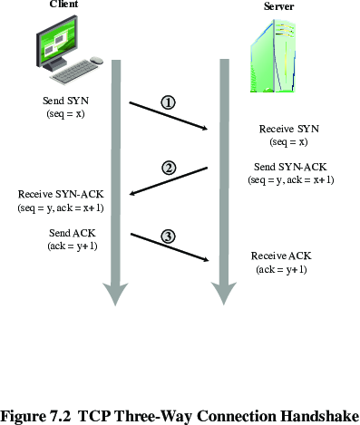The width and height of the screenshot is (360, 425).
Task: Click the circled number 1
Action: click(168, 102)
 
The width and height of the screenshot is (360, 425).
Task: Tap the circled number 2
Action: click(169, 168)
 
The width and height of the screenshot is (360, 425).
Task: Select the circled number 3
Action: click(168, 237)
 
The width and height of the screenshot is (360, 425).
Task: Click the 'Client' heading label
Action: click(63, 4)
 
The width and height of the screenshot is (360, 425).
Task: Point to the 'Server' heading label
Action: click(278, 6)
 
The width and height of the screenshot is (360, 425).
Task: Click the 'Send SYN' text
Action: click(65, 101)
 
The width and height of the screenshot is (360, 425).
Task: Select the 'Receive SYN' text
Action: click(289, 129)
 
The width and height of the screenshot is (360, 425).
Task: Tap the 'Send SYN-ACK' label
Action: click(290, 167)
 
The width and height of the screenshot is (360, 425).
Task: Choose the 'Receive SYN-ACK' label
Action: click(61, 194)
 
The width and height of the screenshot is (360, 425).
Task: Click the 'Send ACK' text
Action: click(73, 233)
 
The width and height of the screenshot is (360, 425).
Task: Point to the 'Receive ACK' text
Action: click(281, 256)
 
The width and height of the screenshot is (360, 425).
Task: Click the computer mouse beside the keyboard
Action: click(97, 60)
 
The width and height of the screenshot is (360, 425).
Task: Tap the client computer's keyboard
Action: click(74, 73)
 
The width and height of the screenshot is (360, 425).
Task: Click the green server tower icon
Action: click(272, 56)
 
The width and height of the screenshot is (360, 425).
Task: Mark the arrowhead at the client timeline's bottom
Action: click(115, 295)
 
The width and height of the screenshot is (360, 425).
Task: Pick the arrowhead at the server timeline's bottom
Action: click(224, 294)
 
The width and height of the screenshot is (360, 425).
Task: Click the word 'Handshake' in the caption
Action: click(320, 416)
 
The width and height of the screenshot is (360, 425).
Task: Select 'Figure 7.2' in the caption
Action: click(36, 417)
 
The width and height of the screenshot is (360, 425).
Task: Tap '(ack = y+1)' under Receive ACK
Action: click(281, 269)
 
